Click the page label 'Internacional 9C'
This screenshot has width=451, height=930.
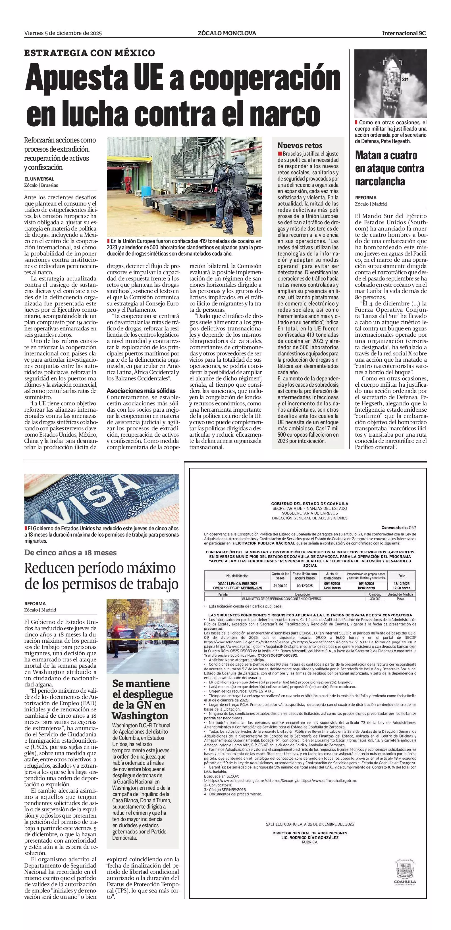(404, 33)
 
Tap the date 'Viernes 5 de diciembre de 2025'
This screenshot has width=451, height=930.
(63, 33)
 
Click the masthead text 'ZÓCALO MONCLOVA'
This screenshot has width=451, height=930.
(227, 33)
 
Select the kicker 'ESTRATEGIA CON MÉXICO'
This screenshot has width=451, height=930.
(90, 53)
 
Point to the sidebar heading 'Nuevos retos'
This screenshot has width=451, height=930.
(300, 146)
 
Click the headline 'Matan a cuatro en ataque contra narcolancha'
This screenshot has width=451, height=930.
(389, 168)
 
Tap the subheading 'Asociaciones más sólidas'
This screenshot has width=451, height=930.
(141, 391)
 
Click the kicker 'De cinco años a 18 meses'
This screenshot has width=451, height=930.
(70, 553)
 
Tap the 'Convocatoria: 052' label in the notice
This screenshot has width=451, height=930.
(399, 528)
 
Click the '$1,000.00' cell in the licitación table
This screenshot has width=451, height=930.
(280, 586)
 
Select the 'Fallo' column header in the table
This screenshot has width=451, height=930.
(402, 576)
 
